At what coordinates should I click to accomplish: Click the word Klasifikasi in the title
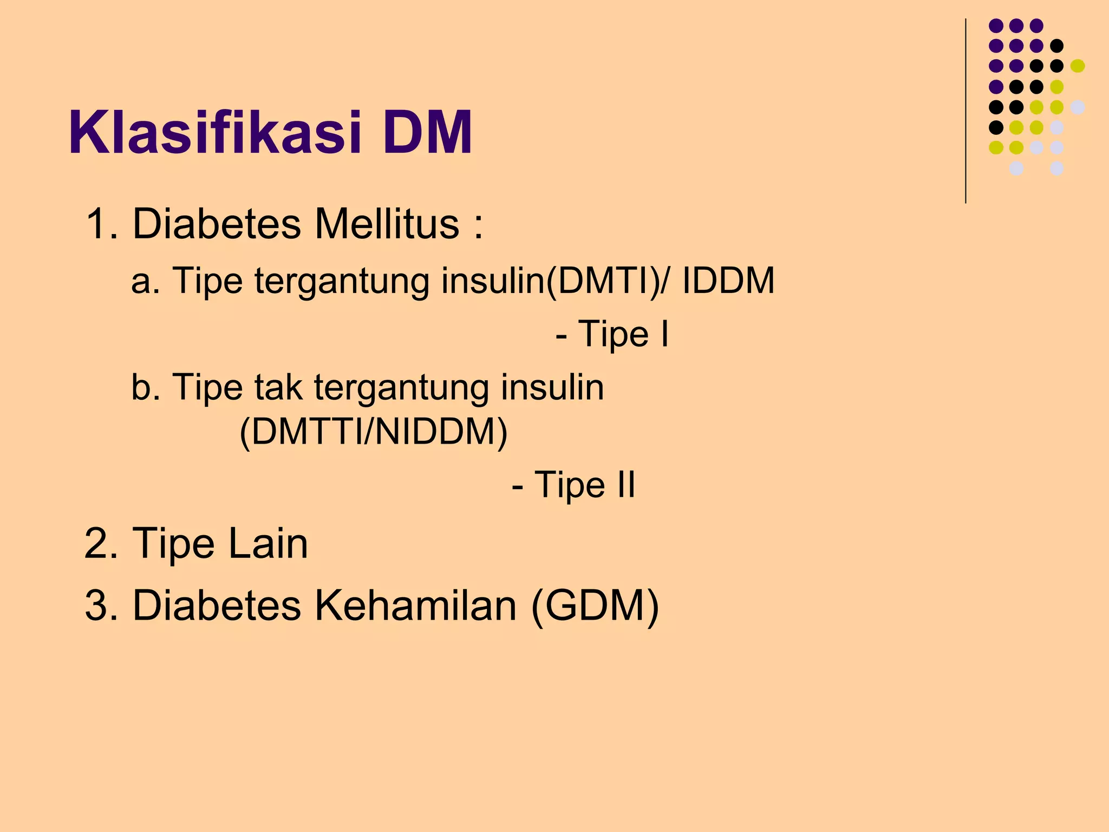pos(215,133)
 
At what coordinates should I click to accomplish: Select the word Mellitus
pos(387,224)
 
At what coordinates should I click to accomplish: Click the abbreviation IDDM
pos(728,281)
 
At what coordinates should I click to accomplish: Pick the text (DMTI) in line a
pos(603,282)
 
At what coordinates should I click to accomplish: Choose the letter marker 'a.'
pos(145,282)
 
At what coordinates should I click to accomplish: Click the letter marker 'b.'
pos(145,388)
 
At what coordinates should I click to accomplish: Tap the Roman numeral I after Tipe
pos(664,334)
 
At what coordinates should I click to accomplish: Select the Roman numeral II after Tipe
pos(626,484)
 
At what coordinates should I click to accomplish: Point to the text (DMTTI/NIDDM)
pos(374,432)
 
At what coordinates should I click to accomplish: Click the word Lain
pos(268,543)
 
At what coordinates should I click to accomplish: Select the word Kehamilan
pos(415,606)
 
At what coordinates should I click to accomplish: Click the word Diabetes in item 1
pos(217,224)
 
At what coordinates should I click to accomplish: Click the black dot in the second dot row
pos(1056,46)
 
